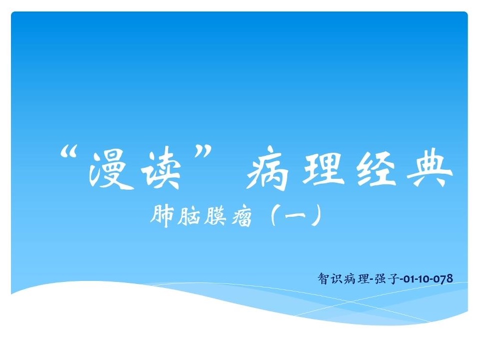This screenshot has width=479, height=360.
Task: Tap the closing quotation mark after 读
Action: point(203,152)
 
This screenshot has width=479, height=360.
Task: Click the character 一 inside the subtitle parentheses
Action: point(295,215)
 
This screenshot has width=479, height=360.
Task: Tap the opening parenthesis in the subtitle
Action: point(274,215)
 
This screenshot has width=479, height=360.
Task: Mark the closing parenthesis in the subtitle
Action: point(316,215)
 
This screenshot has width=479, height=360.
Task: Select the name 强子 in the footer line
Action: point(387,279)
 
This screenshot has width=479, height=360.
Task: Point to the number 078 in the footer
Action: point(443,279)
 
